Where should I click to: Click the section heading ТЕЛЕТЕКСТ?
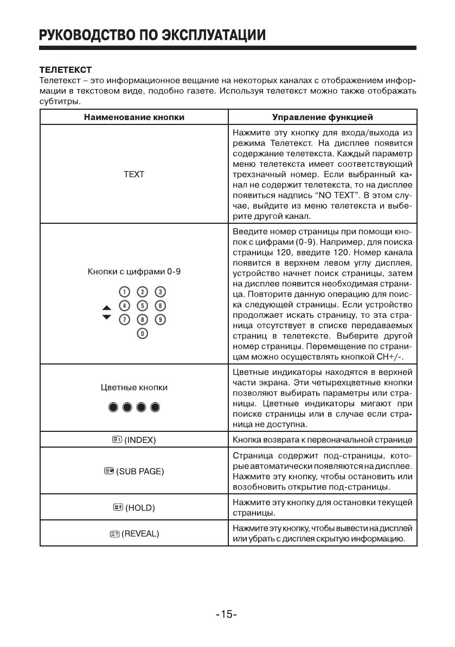click(65, 70)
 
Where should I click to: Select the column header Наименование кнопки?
click(134, 117)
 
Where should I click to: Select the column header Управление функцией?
click(322, 117)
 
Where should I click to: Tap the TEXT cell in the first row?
click(134, 174)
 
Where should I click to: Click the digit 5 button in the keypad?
click(143, 304)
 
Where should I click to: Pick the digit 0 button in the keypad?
click(143, 332)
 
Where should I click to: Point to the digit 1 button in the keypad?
click(125, 291)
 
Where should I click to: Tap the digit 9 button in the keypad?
click(161, 318)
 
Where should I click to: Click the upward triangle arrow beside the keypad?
click(106, 308)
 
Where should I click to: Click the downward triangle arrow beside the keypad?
click(106, 317)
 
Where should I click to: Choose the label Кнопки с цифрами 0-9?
click(134, 272)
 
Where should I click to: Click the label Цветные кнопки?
click(134, 387)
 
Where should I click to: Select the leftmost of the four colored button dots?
click(113, 407)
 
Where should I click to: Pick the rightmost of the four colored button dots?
click(155, 407)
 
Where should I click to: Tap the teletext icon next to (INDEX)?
click(117, 438)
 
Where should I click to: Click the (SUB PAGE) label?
click(140, 471)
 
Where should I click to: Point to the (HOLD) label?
click(140, 508)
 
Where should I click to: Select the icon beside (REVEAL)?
click(114, 534)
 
